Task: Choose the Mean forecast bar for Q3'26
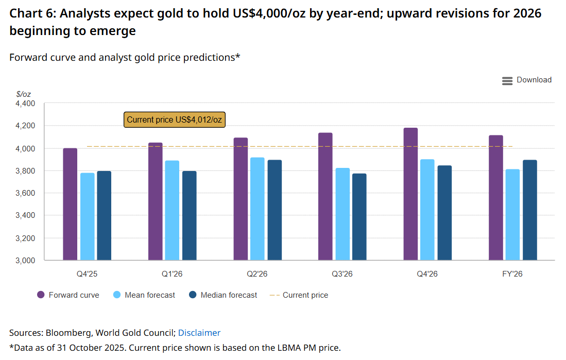click(x=342, y=214)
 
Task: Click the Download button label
click(x=534, y=80)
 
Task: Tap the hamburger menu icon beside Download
click(x=507, y=80)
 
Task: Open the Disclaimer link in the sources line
click(x=199, y=333)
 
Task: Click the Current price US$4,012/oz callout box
click(x=175, y=119)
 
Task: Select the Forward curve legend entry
click(x=68, y=295)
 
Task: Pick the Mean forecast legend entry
click(x=144, y=295)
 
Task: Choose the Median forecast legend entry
click(x=223, y=295)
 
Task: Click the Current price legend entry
click(x=299, y=295)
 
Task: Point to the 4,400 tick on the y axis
click(x=25, y=104)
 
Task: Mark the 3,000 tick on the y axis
click(x=25, y=261)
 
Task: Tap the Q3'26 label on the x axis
click(x=342, y=274)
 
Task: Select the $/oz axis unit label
click(x=24, y=94)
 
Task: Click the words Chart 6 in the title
click(x=31, y=13)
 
